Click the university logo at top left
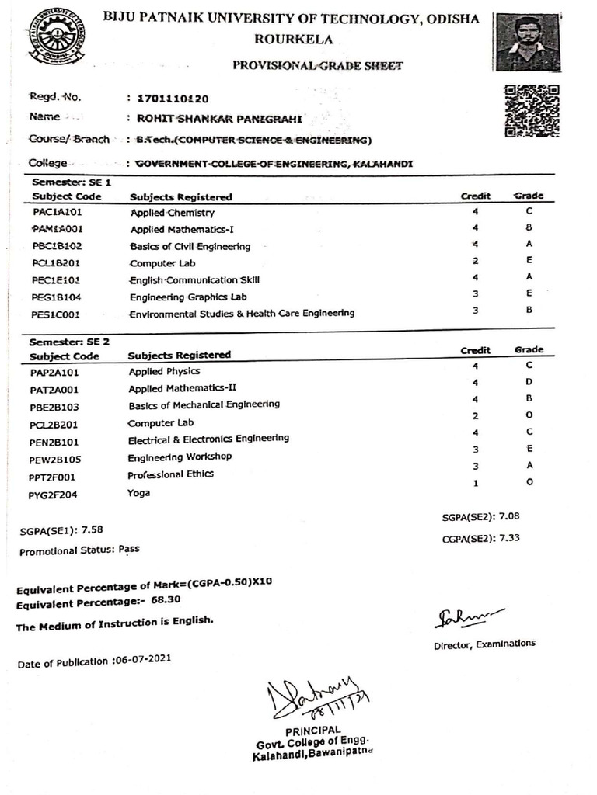coord(58,36)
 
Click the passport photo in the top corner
coord(528,43)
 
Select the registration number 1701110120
coord(173,99)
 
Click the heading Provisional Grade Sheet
coord(318,66)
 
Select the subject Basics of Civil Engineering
coord(190,247)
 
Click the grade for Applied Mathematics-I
coord(529,229)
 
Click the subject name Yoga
coord(139,492)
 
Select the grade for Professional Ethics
coord(529,465)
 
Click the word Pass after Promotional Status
coord(129,548)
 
